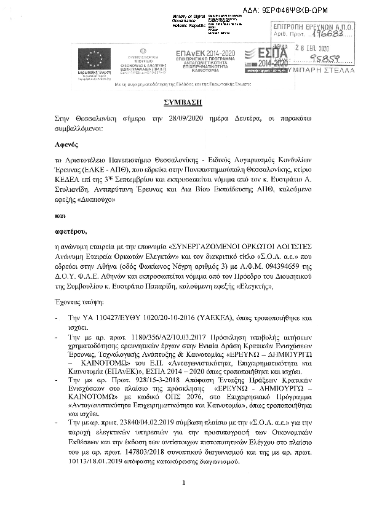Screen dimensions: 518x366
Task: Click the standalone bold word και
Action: tap(59, 217)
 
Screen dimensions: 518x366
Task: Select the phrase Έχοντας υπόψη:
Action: tap(80, 303)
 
